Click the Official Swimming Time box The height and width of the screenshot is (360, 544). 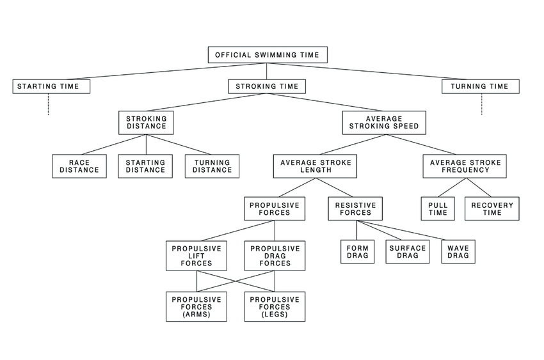point(268,55)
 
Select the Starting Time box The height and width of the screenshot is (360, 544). point(51,86)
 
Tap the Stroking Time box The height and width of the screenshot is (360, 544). point(267,86)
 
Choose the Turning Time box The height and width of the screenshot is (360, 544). point(480,86)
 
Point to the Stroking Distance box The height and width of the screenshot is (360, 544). point(146,122)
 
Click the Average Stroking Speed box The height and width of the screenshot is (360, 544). point(384,122)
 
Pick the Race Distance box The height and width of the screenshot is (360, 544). point(79,166)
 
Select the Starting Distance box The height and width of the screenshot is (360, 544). point(145,166)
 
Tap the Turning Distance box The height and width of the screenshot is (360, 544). point(212,166)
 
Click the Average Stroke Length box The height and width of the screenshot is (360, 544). point(315,166)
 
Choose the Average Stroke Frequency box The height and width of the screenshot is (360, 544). point(465,166)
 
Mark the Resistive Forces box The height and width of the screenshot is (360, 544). point(356,208)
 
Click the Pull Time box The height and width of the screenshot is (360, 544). point(438,208)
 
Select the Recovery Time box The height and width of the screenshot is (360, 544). point(492,208)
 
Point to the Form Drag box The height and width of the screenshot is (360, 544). point(357,252)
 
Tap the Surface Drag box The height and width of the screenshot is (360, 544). point(407,252)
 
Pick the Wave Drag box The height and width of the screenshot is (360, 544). point(458,252)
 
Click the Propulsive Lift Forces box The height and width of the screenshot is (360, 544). point(196,254)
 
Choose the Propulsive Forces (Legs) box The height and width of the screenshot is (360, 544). point(275,306)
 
